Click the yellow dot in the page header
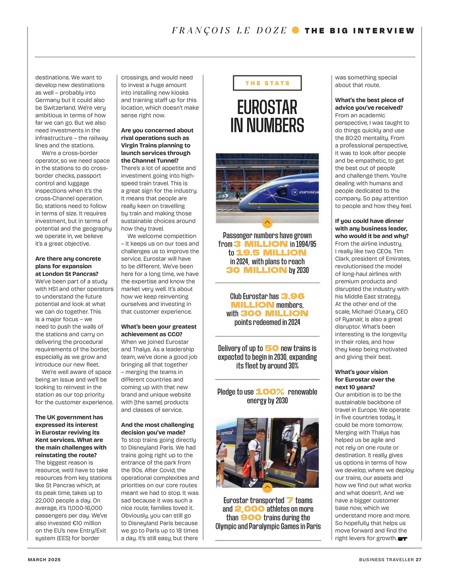[296, 30]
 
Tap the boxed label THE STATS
[267, 83]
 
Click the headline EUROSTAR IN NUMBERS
[267, 116]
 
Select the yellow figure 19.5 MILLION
[271, 253]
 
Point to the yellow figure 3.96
[292, 296]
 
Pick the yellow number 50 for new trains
[272, 348]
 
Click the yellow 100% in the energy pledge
[270, 392]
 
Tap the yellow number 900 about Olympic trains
[251, 518]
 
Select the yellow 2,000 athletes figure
[250, 509]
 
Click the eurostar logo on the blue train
[306, 192]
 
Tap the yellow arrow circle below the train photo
[267, 223]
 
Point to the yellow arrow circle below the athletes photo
[267, 487]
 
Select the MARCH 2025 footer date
[44, 560]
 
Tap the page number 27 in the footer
[419, 560]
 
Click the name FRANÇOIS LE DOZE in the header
[229, 30]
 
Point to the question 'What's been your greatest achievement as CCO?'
[159, 330]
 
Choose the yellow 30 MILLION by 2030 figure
[256, 270]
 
